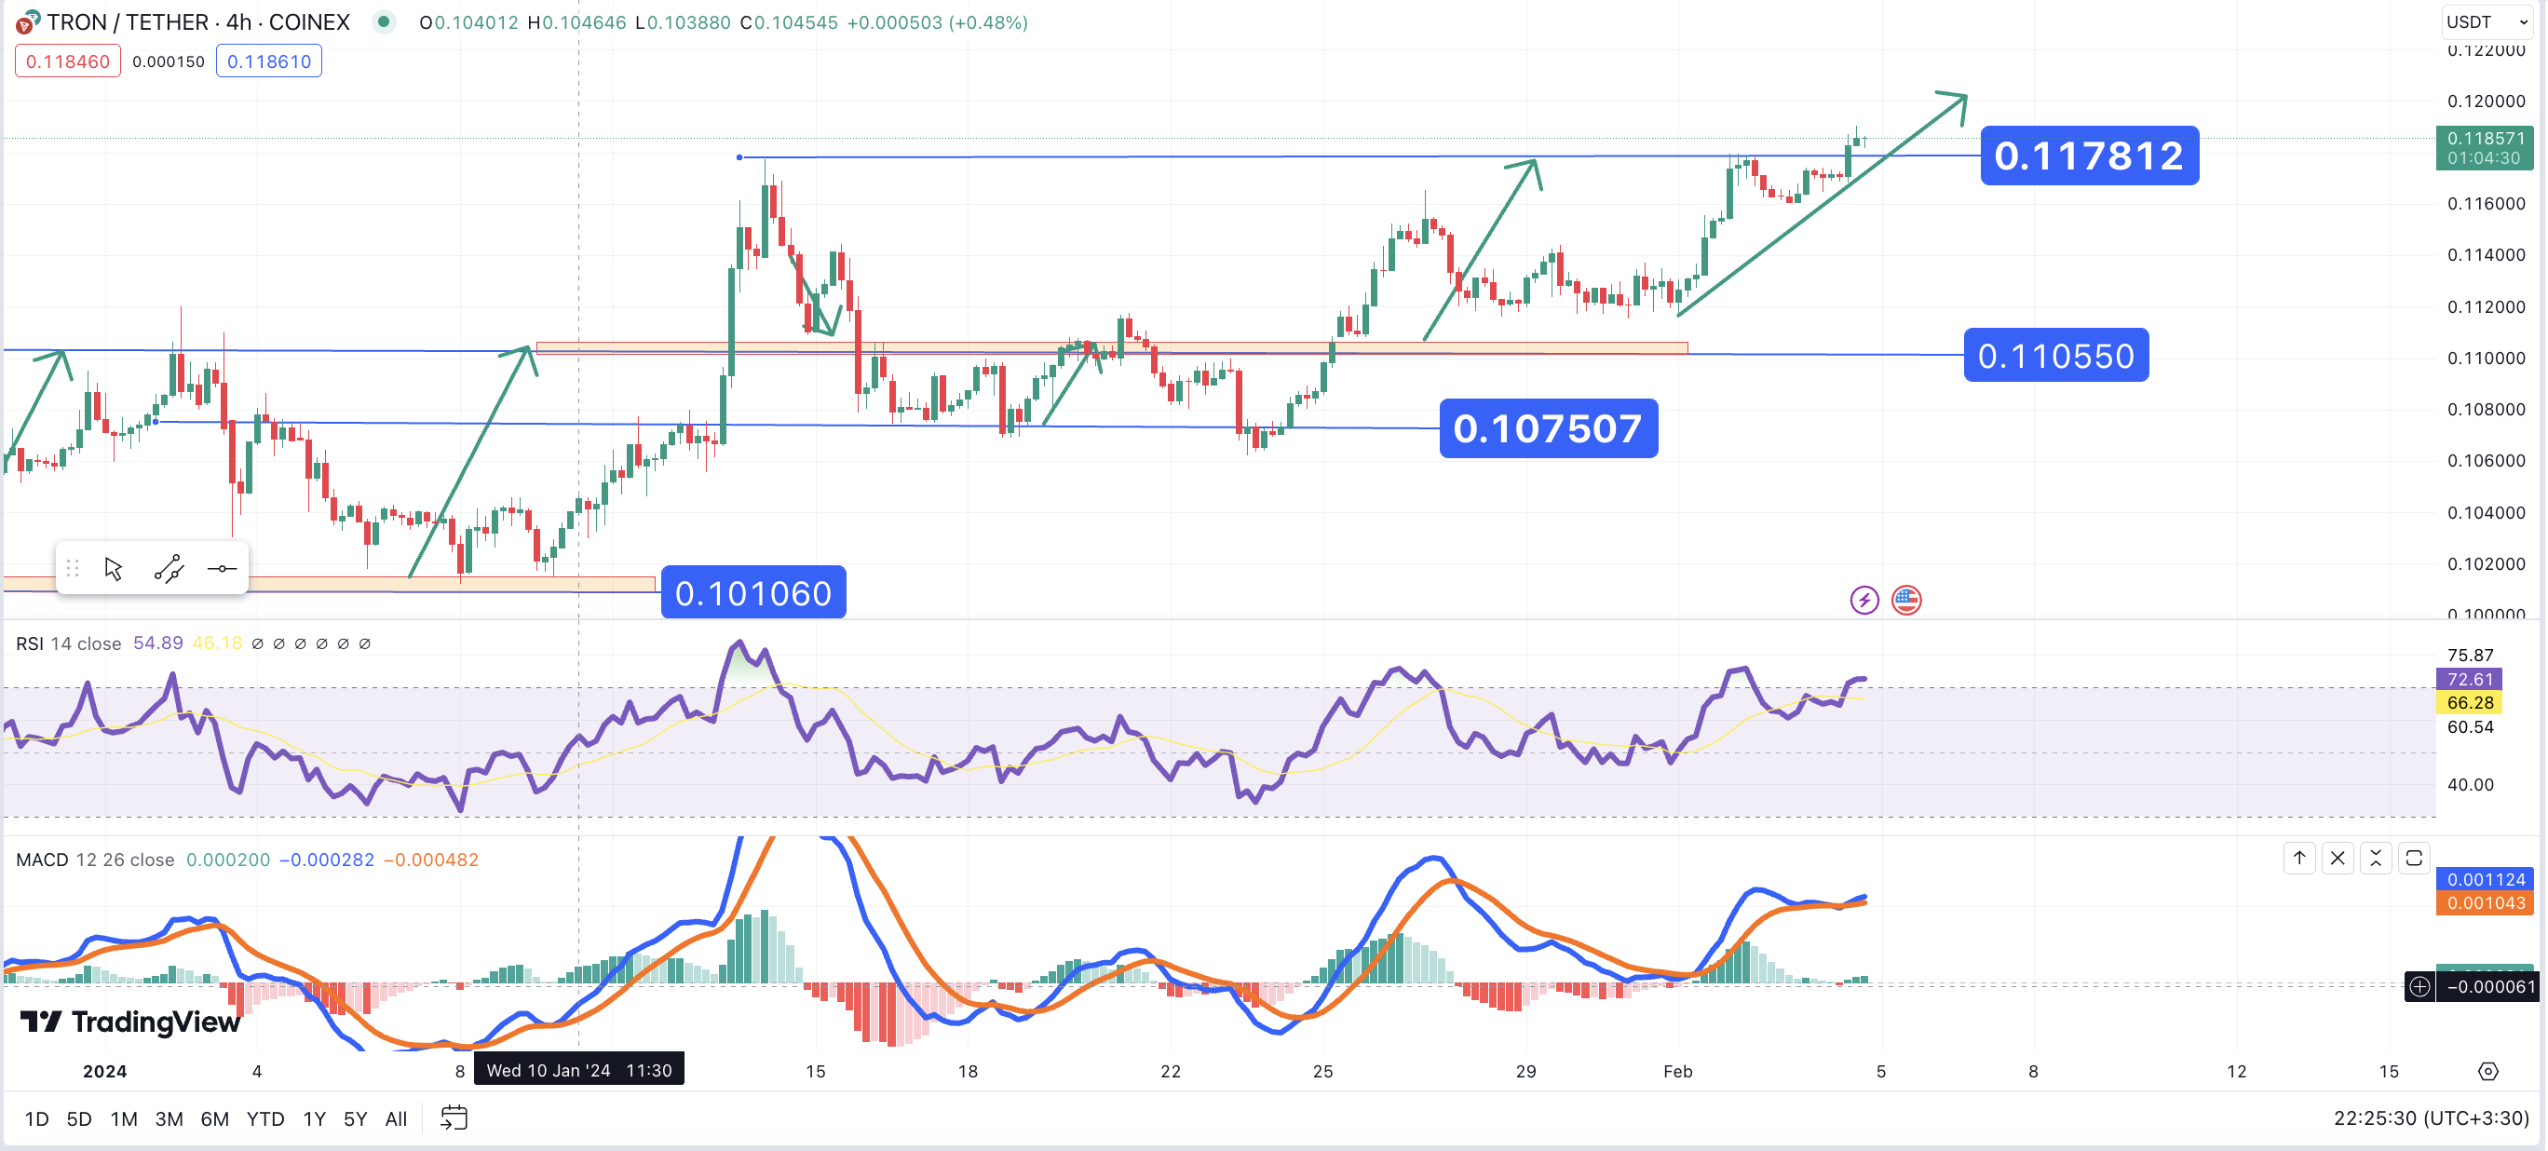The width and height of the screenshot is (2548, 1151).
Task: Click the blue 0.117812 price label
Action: click(2089, 156)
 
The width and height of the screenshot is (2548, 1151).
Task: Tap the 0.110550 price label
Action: click(2055, 355)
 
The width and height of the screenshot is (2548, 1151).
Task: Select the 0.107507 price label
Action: click(1548, 428)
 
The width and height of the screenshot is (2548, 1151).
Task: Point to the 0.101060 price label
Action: click(752, 592)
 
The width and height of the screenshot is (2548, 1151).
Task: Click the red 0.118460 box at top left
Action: click(67, 61)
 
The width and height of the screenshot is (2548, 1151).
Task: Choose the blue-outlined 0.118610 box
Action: click(269, 61)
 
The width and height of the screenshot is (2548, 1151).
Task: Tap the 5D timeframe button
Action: click(79, 1118)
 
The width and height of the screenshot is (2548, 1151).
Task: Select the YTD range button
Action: click(265, 1118)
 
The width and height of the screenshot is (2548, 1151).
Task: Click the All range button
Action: click(396, 1118)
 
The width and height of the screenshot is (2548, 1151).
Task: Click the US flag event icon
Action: click(1906, 601)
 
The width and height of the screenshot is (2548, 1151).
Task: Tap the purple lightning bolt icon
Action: click(1864, 601)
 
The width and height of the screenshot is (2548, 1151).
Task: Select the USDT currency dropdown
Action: click(2486, 21)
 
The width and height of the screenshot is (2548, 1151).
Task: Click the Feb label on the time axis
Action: click(1677, 1071)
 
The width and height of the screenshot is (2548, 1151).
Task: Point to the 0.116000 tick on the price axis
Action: click(2486, 204)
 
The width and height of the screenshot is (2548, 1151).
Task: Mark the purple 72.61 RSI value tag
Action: click(2469, 679)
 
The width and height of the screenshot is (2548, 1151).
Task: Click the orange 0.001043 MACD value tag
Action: click(2486, 902)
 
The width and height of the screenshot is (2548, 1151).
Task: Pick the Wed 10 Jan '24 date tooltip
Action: click(578, 1070)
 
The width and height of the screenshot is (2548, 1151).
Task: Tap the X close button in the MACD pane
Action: click(2338, 859)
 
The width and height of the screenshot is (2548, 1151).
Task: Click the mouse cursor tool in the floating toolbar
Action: click(114, 569)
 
